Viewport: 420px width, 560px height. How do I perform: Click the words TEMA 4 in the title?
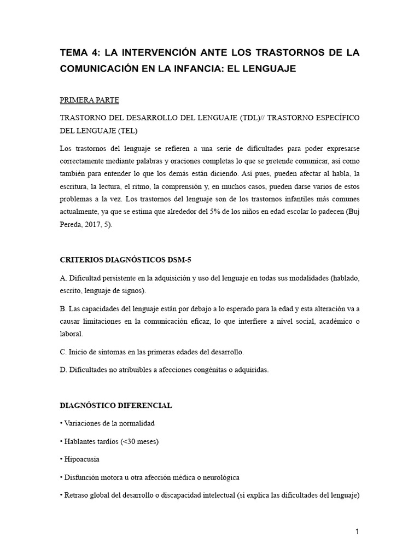(80, 52)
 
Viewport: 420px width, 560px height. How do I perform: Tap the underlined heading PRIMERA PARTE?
(89, 101)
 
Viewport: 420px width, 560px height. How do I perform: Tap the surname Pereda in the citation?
(72, 225)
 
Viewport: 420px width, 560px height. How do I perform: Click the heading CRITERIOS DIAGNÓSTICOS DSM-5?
(125, 260)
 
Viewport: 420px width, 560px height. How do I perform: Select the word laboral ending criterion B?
(72, 333)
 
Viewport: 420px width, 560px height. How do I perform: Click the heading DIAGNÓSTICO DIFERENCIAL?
(115, 405)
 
